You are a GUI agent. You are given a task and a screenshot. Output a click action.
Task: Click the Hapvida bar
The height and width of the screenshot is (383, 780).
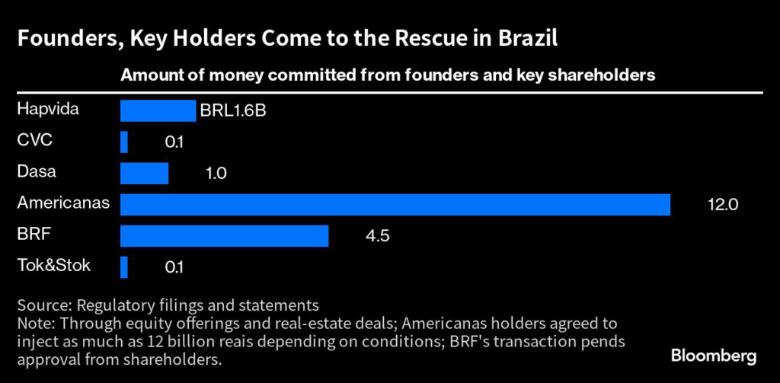[158, 110]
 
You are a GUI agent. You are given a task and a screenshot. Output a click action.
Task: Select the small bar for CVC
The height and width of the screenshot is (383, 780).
[124, 142]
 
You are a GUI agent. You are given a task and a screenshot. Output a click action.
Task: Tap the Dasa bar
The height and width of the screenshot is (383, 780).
[144, 174]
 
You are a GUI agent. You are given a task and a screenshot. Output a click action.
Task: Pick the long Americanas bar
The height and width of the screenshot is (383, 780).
[395, 205]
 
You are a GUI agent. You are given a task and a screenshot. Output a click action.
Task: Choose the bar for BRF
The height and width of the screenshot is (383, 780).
[224, 236]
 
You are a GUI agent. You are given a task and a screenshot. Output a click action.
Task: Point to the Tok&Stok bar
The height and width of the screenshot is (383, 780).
[124, 267]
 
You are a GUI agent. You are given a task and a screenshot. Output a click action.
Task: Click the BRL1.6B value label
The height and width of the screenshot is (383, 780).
[232, 111]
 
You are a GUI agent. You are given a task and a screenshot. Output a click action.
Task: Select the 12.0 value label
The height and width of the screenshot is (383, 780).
[723, 205]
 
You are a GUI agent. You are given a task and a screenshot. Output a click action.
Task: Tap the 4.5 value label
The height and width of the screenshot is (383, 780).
[378, 236]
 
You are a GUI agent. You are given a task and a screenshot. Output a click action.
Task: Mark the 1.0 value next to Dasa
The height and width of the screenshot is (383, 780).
[216, 174]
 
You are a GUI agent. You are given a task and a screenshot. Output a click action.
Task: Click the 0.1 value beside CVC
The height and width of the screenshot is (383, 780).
[174, 142]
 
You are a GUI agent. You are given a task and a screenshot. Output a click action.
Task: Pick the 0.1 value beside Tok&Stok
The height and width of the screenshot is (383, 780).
[174, 267]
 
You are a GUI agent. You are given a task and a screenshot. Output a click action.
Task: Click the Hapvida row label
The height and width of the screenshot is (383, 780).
[48, 110]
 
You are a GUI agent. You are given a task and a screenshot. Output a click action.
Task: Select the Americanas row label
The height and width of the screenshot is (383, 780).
[63, 203]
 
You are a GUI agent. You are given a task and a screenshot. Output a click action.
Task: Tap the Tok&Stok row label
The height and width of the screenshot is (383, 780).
[53, 266]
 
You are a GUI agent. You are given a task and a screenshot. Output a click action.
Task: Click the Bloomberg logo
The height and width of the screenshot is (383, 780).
[714, 356]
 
